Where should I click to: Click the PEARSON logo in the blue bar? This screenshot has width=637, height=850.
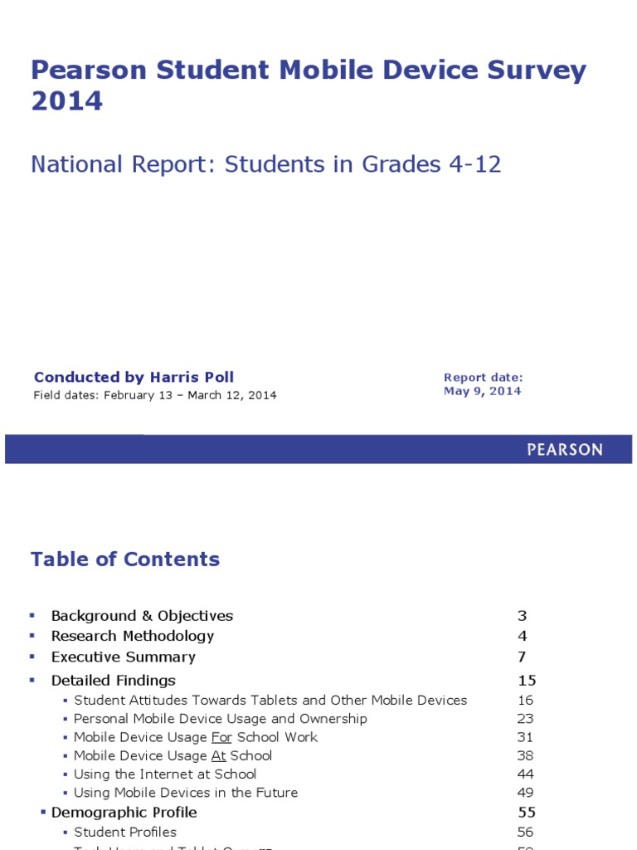(x=565, y=450)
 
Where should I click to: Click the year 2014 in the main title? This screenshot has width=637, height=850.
(x=67, y=101)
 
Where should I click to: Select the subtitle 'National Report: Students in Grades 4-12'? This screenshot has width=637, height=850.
(x=265, y=164)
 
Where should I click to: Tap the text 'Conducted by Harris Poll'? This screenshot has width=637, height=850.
(x=134, y=378)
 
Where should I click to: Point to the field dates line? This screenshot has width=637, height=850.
(x=155, y=395)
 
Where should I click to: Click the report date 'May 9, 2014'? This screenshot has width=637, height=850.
(x=482, y=391)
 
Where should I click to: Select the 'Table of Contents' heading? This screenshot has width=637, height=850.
(x=125, y=559)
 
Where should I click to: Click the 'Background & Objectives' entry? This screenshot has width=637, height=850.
(x=142, y=616)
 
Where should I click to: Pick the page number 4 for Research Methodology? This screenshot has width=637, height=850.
(x=523, y=636)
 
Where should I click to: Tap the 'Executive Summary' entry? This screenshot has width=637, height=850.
(x=124, y=657)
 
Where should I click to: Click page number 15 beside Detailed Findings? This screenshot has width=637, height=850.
(x=527, y=681)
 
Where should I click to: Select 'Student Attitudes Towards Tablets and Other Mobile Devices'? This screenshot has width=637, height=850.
(x=270, y=700)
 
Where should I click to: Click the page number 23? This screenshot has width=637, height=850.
(x=525, y=719)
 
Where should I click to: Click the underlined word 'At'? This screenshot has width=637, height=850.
(x=218, y=755)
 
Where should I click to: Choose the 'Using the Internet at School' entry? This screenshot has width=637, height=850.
(x=165, y=774)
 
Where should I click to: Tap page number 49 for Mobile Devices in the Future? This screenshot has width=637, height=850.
(x=525, y=793)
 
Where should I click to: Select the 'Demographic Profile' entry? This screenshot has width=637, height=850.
(x=124, y=812)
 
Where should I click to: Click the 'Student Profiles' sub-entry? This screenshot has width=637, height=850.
(x=125, y=832)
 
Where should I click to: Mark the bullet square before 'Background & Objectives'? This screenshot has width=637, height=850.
(x=32, y=615)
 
